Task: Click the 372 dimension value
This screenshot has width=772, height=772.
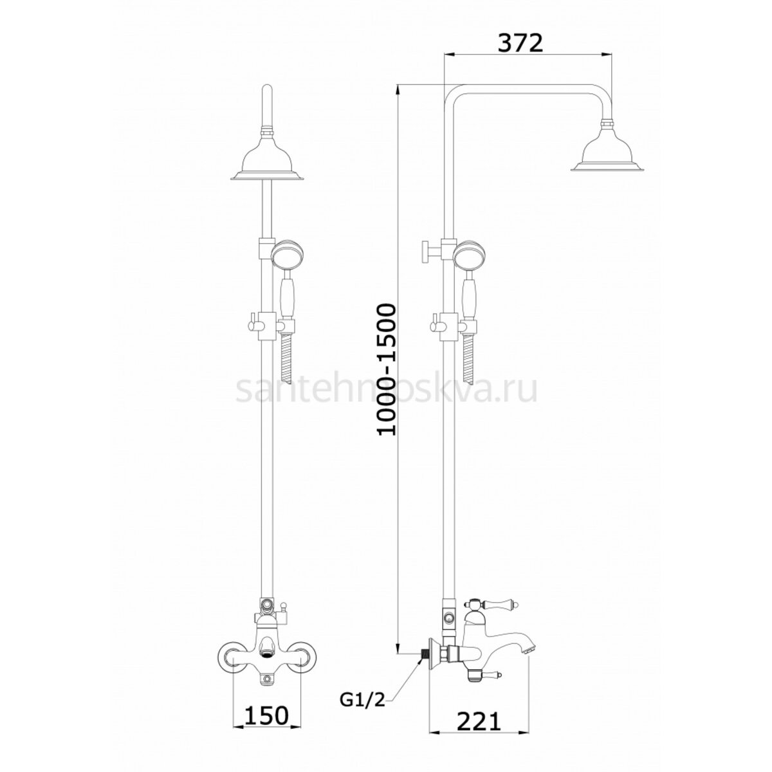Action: [x=520, y=43]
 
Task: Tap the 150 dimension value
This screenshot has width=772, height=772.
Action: [x=266, y=692]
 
